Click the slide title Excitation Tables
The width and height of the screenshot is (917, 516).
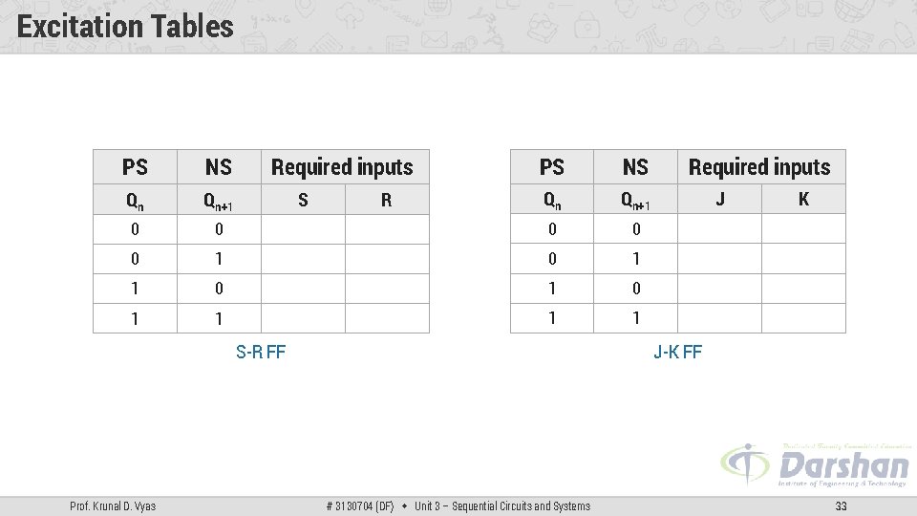[125, 27]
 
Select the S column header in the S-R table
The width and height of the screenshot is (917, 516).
[303, 200]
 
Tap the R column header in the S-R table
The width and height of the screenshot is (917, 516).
[386, 200]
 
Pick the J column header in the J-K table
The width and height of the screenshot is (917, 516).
[719, 199]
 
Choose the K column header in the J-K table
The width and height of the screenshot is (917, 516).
[803, 199]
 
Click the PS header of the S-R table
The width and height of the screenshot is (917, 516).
[135, 167]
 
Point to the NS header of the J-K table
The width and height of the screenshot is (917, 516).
[635, 167]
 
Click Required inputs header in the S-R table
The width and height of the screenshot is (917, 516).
[342, 167]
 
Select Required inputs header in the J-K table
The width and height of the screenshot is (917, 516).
[759, 167]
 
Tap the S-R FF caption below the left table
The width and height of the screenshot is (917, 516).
[261, 352]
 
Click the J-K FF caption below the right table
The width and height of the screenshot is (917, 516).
[677, 352]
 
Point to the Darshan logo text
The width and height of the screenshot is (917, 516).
[843, 465]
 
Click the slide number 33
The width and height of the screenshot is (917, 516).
[841, 505]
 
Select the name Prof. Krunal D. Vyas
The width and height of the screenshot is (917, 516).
[114, 505]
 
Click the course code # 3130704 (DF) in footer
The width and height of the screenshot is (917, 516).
[360, 505]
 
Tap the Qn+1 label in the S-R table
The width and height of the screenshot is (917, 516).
[219, 201]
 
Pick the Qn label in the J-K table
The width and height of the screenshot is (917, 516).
[552, 200]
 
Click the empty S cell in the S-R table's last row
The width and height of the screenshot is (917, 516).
[303, 318]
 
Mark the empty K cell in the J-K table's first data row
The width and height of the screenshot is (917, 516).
[803, 228]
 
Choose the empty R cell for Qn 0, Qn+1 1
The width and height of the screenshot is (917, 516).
[386, 259]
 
